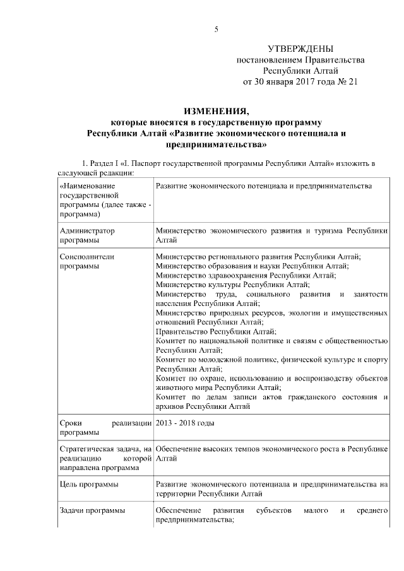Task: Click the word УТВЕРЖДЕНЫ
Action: point(300,49)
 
